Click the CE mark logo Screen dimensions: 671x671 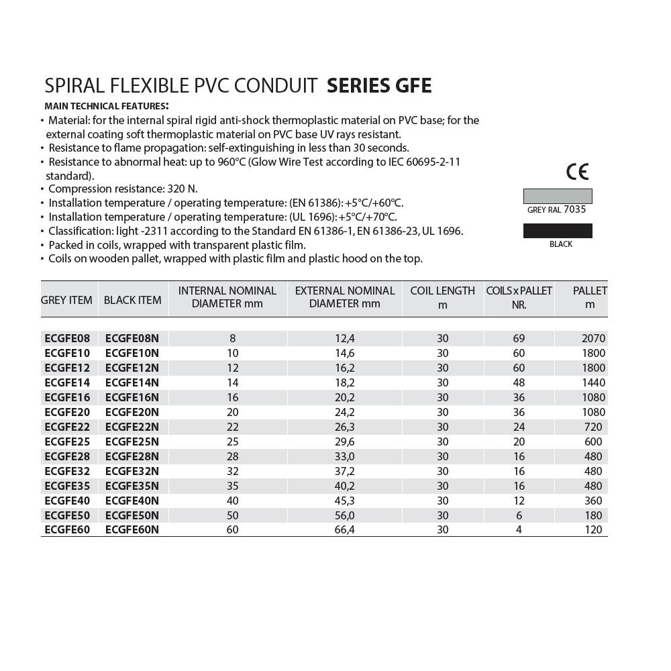click(x=577, y=172)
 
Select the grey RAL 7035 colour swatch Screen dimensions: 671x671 click(x=558, y=196)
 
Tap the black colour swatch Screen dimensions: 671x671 click(x=558, y=231)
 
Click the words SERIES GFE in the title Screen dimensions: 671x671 click(x=379, y=86)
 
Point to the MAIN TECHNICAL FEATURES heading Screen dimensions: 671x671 click(x=106, y=106)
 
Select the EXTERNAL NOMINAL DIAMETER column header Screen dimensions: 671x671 click(x=344, y=297)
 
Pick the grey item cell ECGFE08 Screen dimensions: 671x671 click(x=67, y=338)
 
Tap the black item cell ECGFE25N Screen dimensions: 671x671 click(x=132, y=442)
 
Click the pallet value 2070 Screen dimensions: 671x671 click(x=593, y=338)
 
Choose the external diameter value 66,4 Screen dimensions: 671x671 click(x=344, y=530)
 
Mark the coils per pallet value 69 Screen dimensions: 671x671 click(x=518, y=338)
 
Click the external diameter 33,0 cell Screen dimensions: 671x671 click(x=344, y=456)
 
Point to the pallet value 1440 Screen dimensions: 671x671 click(x=593, y=382)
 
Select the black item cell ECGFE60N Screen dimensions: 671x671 click(x=132, y=530)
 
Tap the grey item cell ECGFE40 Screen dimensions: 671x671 click(x=67, y=501)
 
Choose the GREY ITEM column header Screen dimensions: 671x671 click(x=66, y=300)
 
